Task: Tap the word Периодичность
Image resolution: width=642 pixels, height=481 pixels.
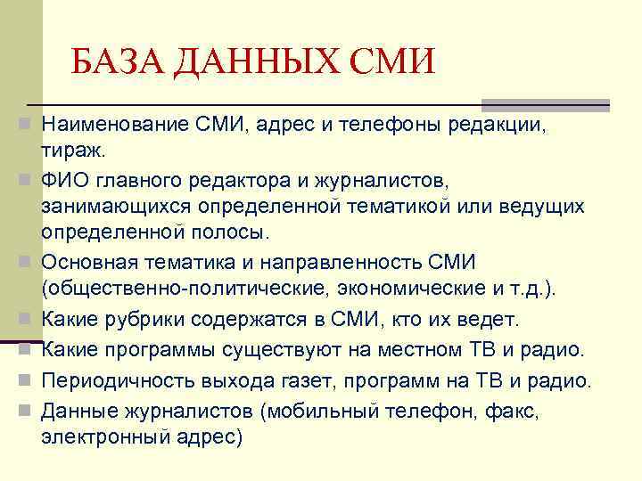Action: [110, 381]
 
